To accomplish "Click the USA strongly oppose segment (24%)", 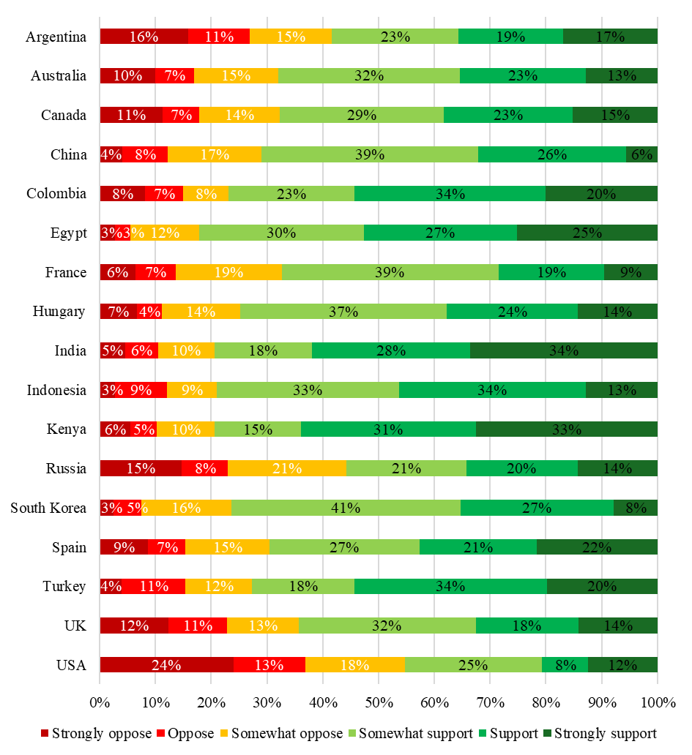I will tap(167, 664).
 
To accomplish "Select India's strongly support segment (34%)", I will tap(564, 350).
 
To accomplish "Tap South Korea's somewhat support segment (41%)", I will tap(346, 508).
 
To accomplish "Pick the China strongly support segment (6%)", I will tap(641, 154).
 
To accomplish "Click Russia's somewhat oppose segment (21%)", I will tap(287, 468).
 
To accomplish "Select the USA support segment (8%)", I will tap(565, 664).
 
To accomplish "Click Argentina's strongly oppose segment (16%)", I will tap(144, 37).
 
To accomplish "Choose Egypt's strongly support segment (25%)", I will tap(587, 233).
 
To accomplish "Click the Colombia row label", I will tap(56, 194).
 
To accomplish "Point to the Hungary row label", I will tap(59, 312).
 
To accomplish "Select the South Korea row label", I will tap(48, 508).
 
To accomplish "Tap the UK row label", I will tap(76, 626).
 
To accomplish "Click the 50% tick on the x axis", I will tap(379, 703).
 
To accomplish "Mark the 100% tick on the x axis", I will tap(657, 703).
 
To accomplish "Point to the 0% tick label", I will tap(100, 703).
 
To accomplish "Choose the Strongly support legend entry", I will tap(599, 733).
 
